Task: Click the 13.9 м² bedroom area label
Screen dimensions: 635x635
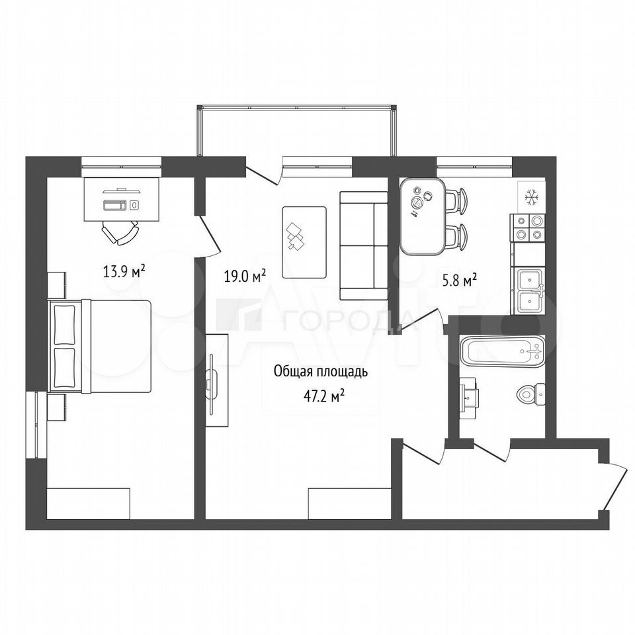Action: coord(124,271)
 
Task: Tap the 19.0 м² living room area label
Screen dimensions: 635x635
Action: coord(245,276)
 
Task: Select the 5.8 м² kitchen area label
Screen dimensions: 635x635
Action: coord(459,280)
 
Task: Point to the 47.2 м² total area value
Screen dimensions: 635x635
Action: coord(323,397)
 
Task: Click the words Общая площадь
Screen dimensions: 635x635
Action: coord(321,372)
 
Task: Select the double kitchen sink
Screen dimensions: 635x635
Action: coord(529,290)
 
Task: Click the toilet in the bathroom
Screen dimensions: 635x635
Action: coord(531,394)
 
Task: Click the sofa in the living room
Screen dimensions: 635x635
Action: coord(364,245)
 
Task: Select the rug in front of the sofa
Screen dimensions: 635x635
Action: coord(304,242)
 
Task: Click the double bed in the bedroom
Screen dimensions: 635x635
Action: coord(100,346)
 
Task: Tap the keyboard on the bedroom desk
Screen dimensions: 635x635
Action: coord(115,205)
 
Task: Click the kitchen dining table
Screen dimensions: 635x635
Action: coord(423,216)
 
